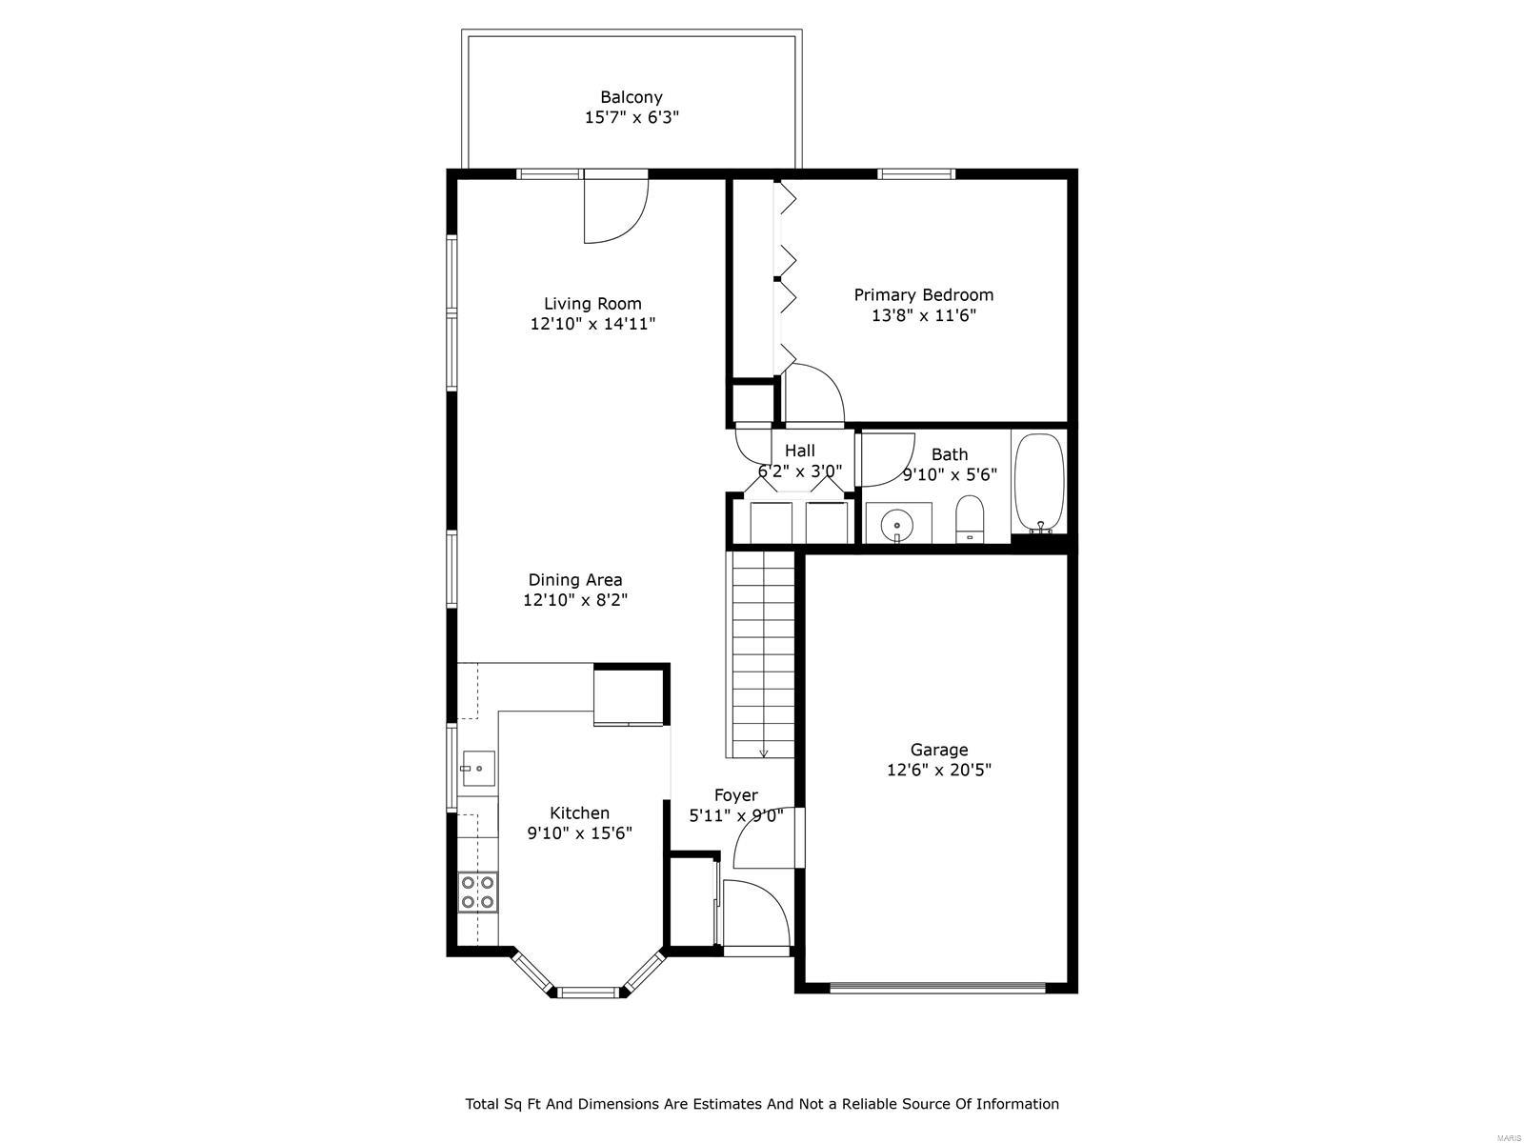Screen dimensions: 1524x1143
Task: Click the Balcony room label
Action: pyautogui.click(x=631, y=97)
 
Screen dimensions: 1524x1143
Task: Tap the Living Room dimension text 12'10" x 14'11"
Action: pyautogui.click(x=592, y=324)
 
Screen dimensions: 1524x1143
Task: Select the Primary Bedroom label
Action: pyautogui.click(x=923, y=295)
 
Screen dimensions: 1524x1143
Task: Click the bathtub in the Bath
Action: pyautogui.click(x=1038, y=483)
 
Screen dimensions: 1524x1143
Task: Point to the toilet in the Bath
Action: pyautogui.click(x=970, y=518)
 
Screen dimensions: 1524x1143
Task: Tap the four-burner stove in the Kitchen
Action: pyautogui.click(x=478, y=892)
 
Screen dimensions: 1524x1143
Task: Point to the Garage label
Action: pyautogui.click(x=939, y=750)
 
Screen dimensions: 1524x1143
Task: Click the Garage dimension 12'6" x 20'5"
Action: pyautogui.click(x=939, y=770)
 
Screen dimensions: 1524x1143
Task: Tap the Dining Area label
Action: pyautogui.click(x=575, y=579)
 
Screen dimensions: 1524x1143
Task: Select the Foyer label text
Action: pyautogui.click(x=736, y=794)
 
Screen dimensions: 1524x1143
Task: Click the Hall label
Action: pyautogui.click(x=800, y=451)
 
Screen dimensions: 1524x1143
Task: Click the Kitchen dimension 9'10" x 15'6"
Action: pyautogui.click(x=580, y=832)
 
